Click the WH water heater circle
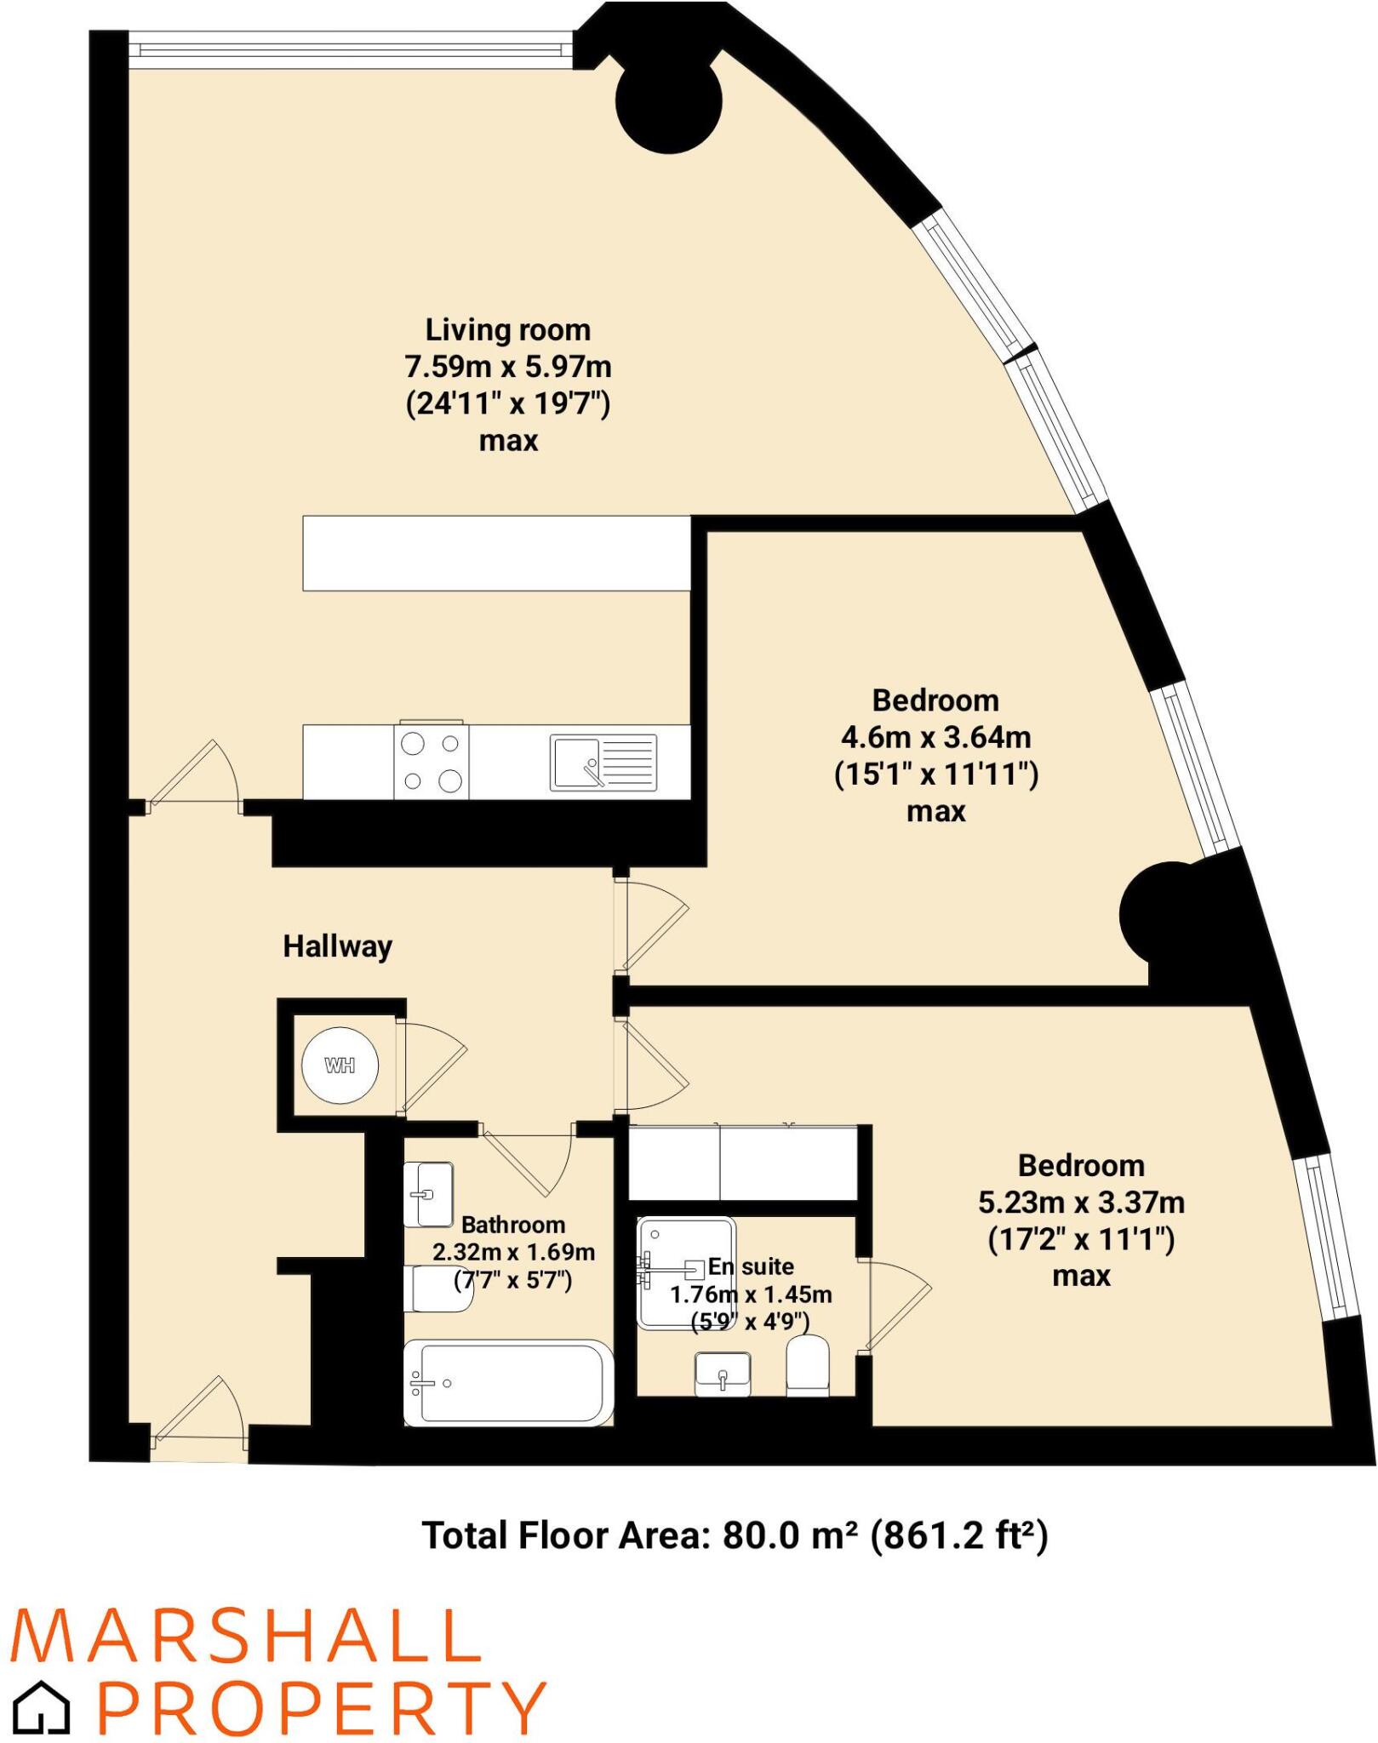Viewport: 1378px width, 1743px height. (x=340, y=1066)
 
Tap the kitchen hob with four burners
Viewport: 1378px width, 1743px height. (x=431, y=762)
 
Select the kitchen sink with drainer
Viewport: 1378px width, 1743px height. (x=603, y=763)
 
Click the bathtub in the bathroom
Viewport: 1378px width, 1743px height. (x=508, y=1383)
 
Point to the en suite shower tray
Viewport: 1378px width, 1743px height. (x=686, y=1273)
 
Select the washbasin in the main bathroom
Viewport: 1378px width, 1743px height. (x=428, y=1194)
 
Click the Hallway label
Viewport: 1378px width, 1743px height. (x=337, y=946)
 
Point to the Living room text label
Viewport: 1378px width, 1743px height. (x=507, y=330)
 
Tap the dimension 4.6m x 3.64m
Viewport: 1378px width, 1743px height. (x=935, y=737)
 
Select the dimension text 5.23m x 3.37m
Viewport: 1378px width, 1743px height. (x=1081, y=1203)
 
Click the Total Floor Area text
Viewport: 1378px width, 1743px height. (x=735, y=1536)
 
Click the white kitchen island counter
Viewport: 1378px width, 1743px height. (x=497, y=553)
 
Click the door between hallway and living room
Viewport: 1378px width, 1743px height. (x=196, y=779)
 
